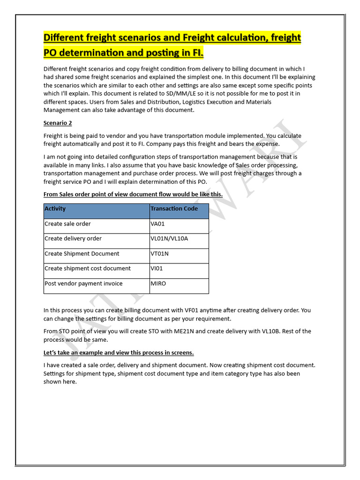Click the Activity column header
[x=55, y=209]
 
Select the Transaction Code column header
[x=174, y=209]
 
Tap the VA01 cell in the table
[x=157, y=224]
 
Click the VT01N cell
[x=159, y=254]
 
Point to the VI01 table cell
[x=157, y=269]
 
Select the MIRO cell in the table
[x=158, y=284]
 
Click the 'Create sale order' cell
[x=67, y=224]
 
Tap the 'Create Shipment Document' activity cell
[x=82, y=254]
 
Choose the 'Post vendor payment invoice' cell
[x=83, y=284]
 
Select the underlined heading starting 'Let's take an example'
[x=119, y=352]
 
